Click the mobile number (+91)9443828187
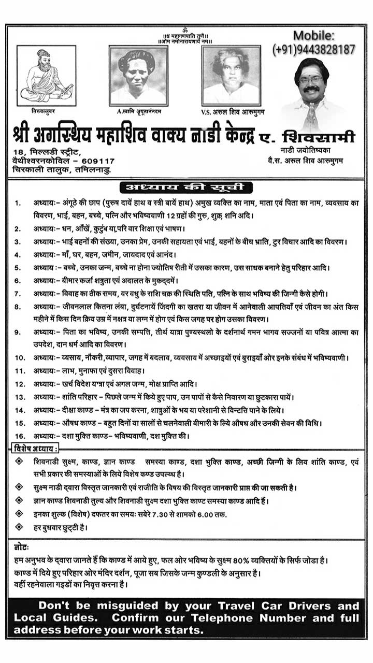[314, 49]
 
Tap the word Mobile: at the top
[314, 36]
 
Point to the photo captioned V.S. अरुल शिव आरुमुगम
[231, 75]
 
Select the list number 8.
[18, 307]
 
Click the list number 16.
[20, 436]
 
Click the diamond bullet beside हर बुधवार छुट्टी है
[19, 527]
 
